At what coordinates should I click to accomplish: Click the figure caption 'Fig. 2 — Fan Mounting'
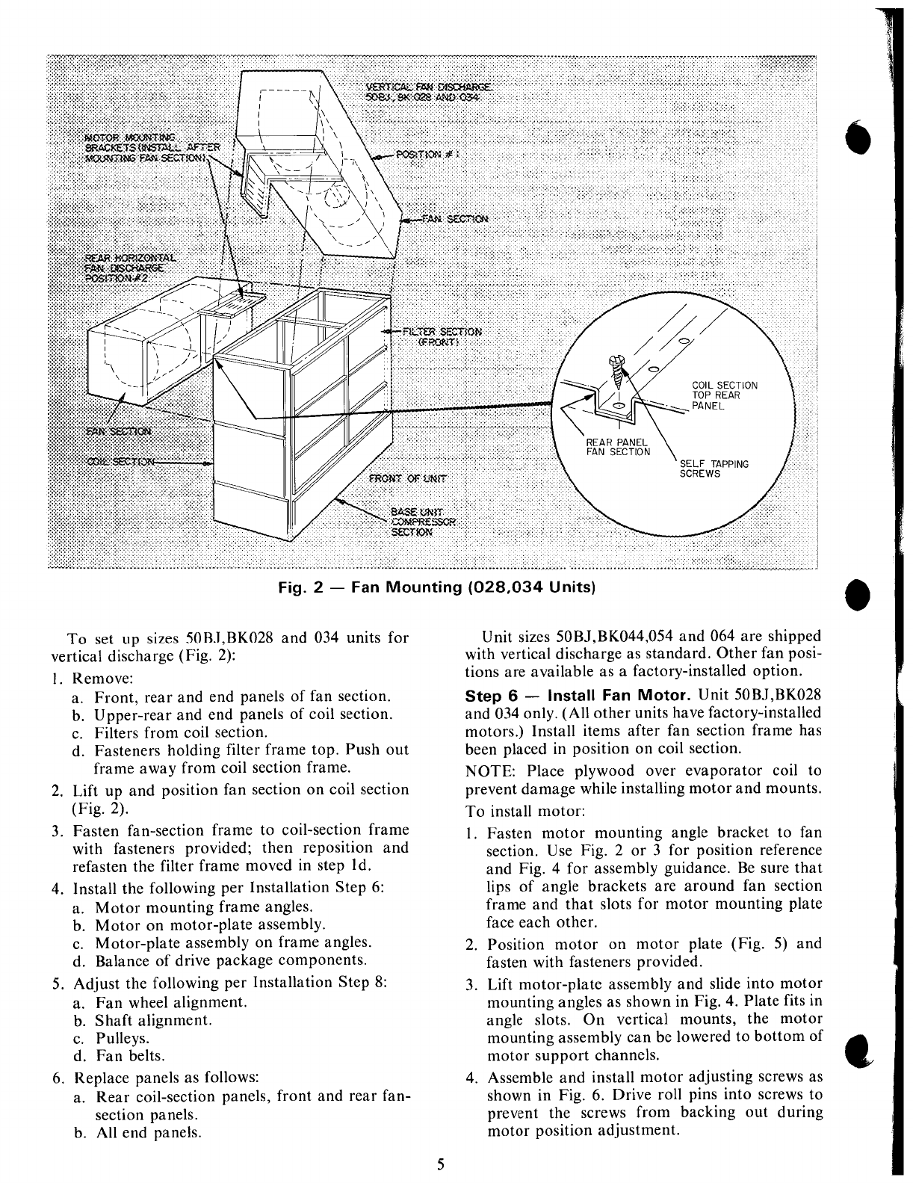coord(436,587)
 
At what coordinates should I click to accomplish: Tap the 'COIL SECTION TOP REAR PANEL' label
coord(724,395)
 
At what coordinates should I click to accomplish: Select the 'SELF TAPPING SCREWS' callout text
coord(714,469)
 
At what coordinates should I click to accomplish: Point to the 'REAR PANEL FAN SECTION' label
coord(617,446)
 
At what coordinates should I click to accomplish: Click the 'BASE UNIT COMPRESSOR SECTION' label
coord(423,522)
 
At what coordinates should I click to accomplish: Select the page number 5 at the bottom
coord(441,1164)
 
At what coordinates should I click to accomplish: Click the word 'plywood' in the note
coord(600,771)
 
